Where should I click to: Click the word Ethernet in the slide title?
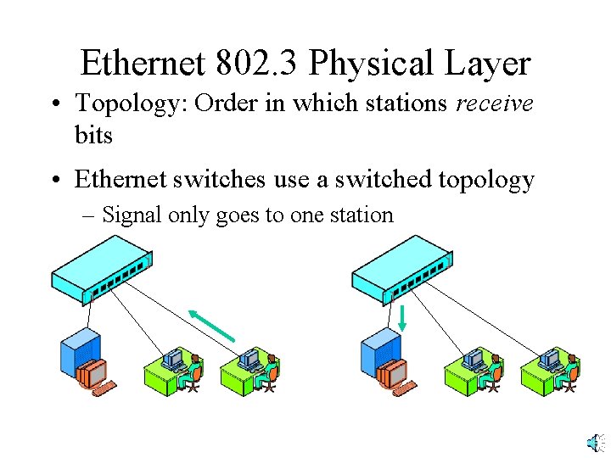(142, 64)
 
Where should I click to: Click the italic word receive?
(495, 105)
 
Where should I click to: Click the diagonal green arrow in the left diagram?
(211, 326)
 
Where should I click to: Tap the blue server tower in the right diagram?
(379, 350)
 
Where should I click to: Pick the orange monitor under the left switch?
(92, 373)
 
